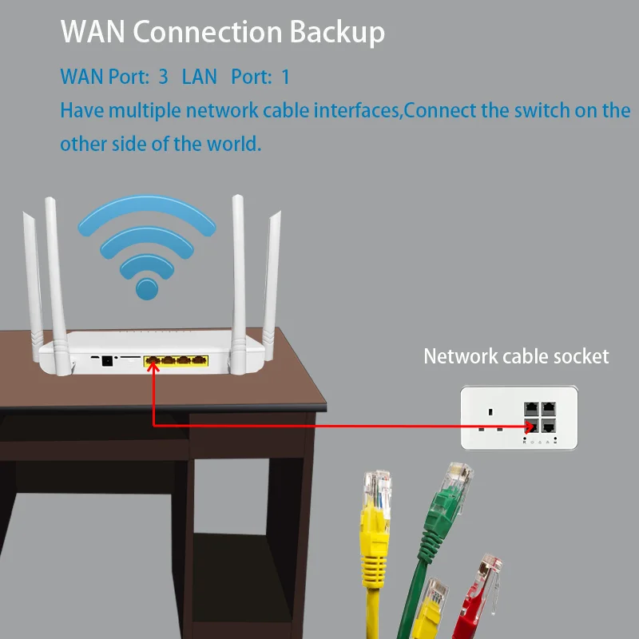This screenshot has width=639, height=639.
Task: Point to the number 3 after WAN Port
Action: pyautogui.click(x=163, y=77)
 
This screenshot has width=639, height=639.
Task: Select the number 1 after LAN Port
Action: pyautogui.click(x=286, y=77)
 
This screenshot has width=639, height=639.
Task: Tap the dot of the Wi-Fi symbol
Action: pyautogui.click(x=147, y=287)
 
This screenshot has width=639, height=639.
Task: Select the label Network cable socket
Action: pyautogui.click(x=515, y=356)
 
